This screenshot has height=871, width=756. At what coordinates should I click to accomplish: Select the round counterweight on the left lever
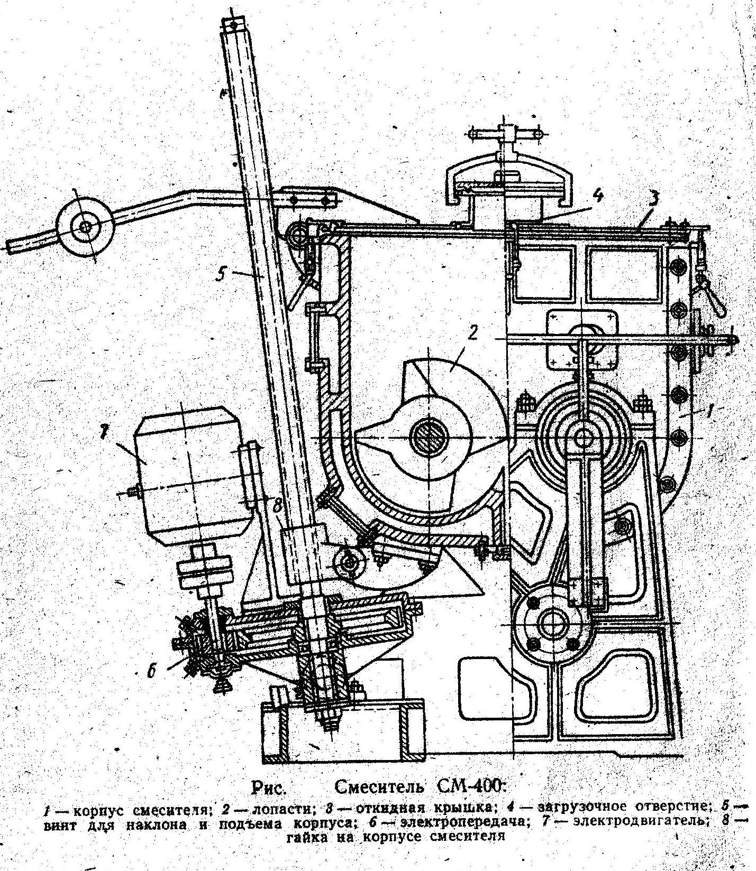[x=85, y=228]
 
